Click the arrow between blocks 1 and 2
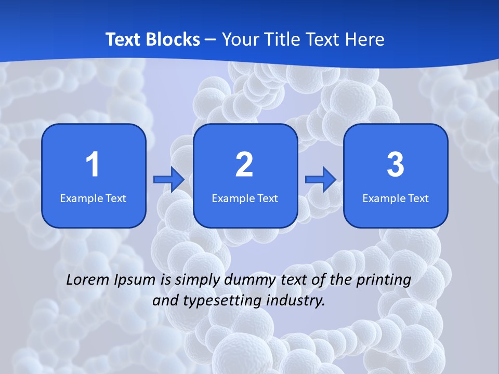pos(169,180)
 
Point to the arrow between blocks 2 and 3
pos(320,180)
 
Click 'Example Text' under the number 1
pos(93,198)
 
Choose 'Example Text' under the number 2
pos(245,198)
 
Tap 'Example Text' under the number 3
pos(396,198)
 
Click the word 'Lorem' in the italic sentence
pos(88,280)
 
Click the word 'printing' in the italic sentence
pos(384,280)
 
